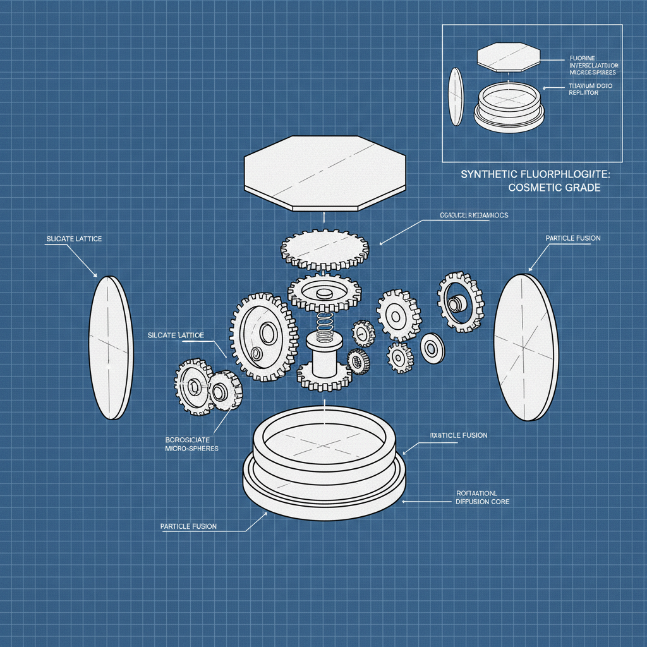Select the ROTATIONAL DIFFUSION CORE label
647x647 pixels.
(x=482, y=497)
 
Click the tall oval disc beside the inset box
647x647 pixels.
(x=525, y=348)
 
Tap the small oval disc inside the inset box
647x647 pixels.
(x=456, y=96)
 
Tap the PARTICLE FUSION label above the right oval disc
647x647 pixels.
(x=572, y=238)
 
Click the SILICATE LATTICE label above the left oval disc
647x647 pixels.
(x=74, y=239)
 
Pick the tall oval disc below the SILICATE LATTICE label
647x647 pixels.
(x=111, y=348)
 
